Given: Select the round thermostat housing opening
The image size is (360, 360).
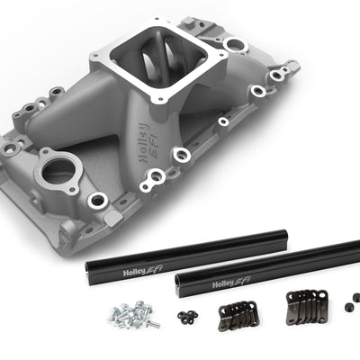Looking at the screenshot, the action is [x=58, y=170].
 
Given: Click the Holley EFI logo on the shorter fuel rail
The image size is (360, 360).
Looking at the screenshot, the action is [x=143, y=271].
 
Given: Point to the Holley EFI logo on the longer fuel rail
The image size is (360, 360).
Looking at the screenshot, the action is [x=231, y=283].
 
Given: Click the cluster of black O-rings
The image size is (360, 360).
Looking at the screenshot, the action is [x=187, y=316].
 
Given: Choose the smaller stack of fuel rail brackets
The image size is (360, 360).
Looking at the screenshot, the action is [x=238, y=314].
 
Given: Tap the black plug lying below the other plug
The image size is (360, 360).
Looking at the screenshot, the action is [x=348, y=307].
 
